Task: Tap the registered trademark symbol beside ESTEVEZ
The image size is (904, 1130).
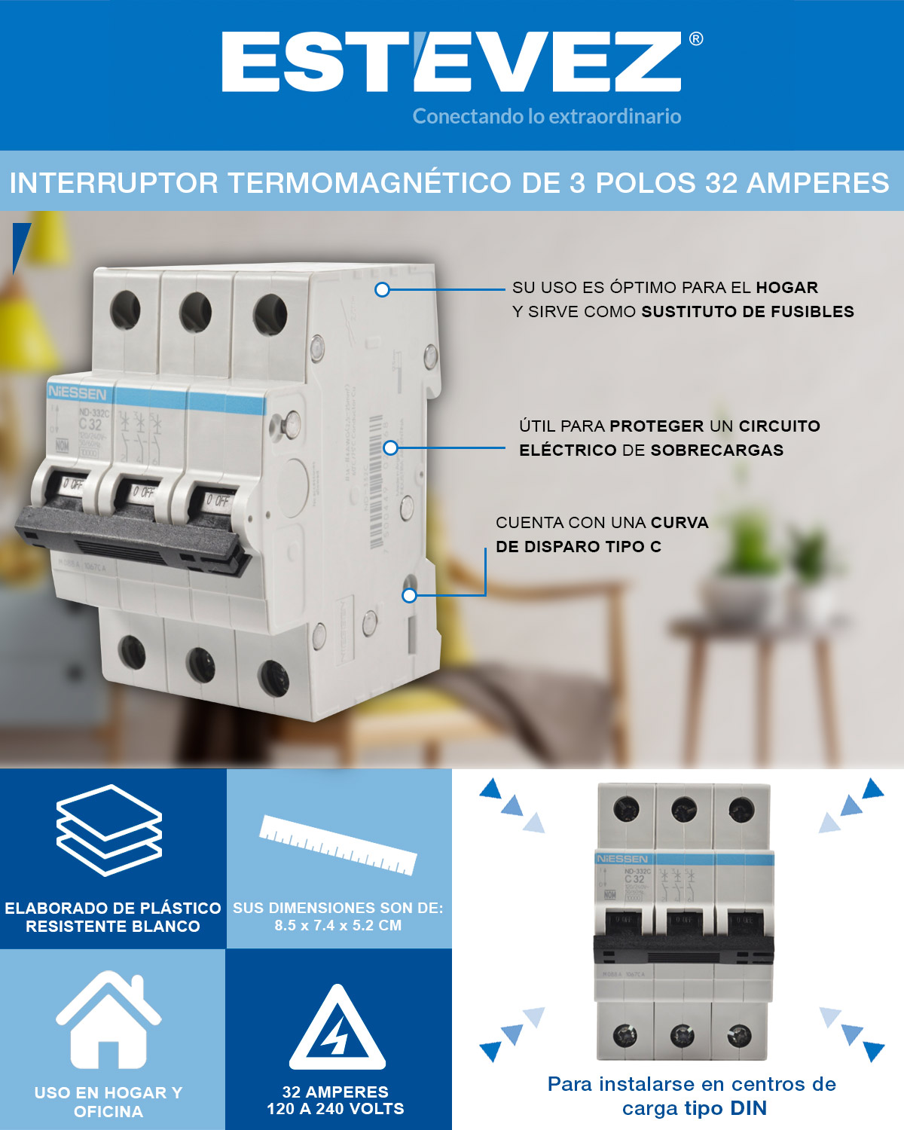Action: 696,38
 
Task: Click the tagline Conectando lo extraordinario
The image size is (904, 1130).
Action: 547,116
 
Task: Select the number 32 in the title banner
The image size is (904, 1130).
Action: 721,183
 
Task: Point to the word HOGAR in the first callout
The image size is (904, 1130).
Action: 786,287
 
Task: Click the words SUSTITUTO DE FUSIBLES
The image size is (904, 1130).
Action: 747,311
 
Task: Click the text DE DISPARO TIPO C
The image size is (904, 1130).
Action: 578,546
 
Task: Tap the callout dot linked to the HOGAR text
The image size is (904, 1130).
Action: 382,289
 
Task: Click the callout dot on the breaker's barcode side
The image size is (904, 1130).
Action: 390,447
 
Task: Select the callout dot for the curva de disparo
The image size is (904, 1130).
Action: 409,595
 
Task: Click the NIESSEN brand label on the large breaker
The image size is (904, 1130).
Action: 77,392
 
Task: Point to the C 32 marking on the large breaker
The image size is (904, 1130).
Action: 90,424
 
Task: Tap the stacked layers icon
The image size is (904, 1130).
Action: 109,829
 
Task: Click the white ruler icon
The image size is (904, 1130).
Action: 338,844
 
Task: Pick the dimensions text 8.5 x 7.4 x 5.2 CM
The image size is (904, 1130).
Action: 337,925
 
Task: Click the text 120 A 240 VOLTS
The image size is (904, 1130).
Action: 335,1108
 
